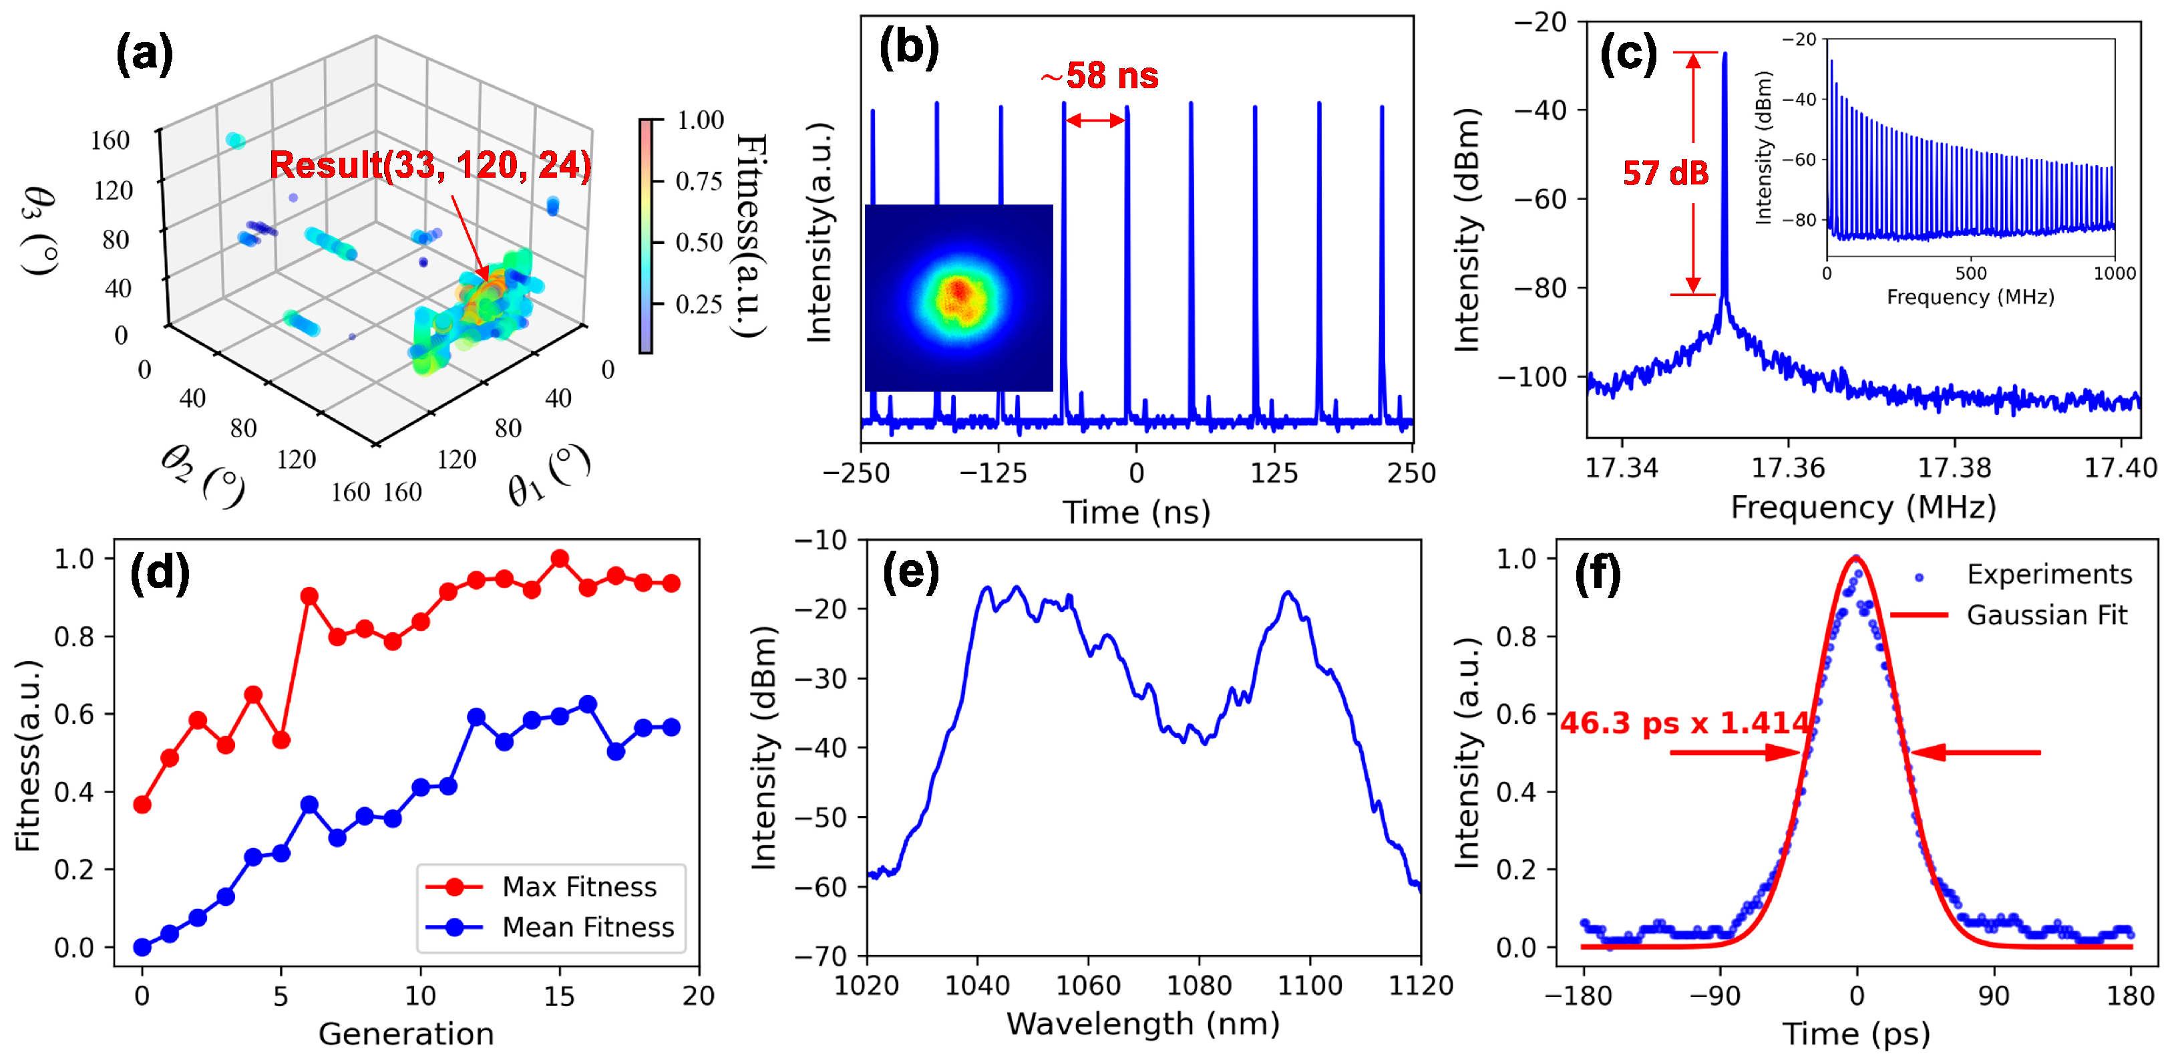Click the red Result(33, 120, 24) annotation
[429, 164]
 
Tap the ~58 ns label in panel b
[1099, 76]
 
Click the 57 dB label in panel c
[1665, 173]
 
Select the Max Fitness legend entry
[578, 887]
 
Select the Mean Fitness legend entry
[587, 927]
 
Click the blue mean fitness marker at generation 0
[142, 946]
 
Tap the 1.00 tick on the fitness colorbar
[700, 120]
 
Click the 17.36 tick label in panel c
[1787, 468]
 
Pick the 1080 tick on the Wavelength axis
[1198, 986]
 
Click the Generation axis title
[406, 1034]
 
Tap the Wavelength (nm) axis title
[1143, 1024]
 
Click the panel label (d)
[160, 574]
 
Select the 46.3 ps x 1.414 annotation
[1683, 723]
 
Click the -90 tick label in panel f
[1716, 996]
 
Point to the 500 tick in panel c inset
[1970, 274]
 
